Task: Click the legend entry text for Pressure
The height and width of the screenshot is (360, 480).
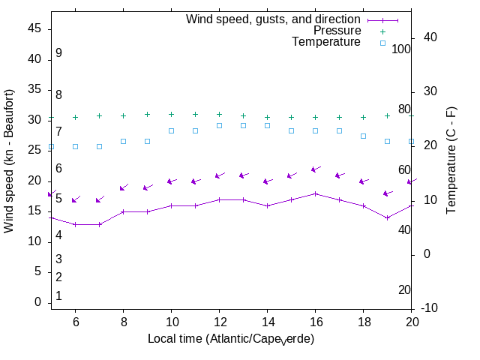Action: tap(337, 31)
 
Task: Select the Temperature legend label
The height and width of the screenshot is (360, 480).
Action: tap(326, 42)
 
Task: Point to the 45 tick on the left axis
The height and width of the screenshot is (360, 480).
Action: tap(34, 28)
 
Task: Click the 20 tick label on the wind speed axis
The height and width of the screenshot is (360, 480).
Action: tap(34, 181)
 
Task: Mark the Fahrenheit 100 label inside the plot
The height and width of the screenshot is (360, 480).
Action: tap(402, 49)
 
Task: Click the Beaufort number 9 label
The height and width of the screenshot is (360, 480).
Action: tap(58, 53)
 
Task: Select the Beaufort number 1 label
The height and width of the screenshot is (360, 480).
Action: tap(58, 296)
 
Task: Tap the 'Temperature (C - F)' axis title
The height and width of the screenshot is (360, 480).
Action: tap(451, 159)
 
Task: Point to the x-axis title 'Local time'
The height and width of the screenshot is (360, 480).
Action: tap(231, 339)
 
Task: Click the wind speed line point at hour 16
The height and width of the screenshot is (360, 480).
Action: tap(315, 193)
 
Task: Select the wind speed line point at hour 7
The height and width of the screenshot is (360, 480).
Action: tap(99, 224)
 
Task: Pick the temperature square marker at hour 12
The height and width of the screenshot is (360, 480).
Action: tap(219, 125)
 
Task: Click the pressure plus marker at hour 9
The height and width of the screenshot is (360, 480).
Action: tap(147, 115)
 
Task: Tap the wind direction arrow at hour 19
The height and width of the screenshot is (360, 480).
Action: tap(388, 193)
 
